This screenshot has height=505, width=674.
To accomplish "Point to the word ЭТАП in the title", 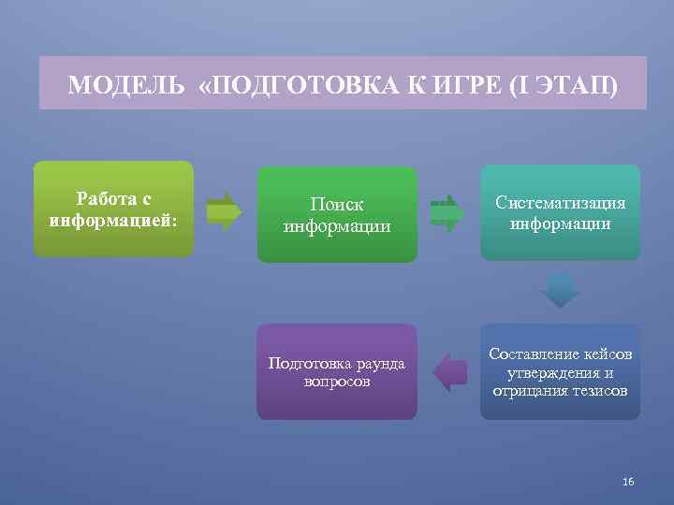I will tap(572, 87).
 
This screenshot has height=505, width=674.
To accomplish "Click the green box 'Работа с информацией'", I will tap(113, 209).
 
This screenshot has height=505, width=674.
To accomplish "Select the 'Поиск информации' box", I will tap(337, 215).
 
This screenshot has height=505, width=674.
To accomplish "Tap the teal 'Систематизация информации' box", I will tap(561, 213).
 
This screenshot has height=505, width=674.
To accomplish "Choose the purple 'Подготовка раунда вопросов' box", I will tap(337, 372).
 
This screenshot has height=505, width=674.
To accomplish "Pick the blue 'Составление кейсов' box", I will tap(561, 372).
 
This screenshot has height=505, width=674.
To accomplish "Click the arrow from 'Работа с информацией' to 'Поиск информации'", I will tap(224, 211).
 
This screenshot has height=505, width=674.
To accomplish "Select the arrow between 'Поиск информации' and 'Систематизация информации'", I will tap(447, 212).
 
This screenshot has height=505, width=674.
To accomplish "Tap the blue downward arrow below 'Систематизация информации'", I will tap(561, 290).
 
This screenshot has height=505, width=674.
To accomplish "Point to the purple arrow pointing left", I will tap(450, 371).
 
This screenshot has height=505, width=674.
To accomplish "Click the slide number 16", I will tap(627, 481).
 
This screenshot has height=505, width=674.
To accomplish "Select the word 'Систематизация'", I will tap(561, 203).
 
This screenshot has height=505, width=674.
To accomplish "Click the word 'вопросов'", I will tap(337, 382).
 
